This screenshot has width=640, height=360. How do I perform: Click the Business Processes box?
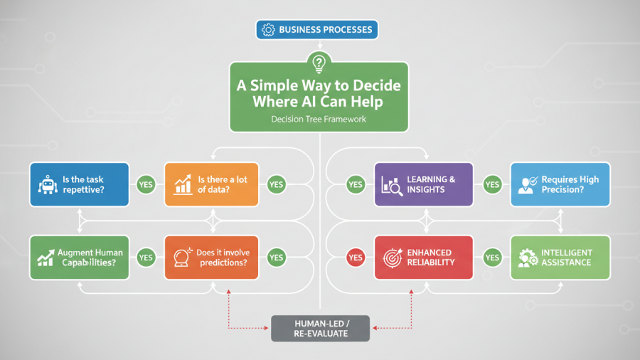(x=316, y=30)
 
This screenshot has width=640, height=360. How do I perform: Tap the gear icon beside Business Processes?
(x=268, y=30)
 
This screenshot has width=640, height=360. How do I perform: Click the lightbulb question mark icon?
(x=319, y=63)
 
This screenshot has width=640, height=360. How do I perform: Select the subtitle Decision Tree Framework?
(x=319, y=120)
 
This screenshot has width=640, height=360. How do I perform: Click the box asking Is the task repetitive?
(x=79, y=184)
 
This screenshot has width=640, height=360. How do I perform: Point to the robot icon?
(x=48, y=185)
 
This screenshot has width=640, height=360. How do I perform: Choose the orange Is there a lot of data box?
(x=211, y=184)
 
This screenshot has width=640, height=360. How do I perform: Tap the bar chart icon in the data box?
(x=183, y=184)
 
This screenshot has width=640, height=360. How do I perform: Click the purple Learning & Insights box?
(x=424, y=184)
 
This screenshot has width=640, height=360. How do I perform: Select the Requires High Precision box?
(x=560, y=184)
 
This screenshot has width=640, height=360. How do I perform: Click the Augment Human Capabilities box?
(x=79, y=258)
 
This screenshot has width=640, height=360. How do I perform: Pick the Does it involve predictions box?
(x=211, y=258)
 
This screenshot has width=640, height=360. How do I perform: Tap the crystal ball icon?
(x=182, y=258)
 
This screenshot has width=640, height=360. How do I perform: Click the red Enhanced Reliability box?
(x=424, y=258)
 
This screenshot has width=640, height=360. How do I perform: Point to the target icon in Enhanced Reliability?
(x=393, y=258)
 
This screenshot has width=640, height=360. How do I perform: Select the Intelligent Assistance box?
(x=560, y=258)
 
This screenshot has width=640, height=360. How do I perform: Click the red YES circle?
(x=356, y=258)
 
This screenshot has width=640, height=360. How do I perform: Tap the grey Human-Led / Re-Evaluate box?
(x=321, y=329)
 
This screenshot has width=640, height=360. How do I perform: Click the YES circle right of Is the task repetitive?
(x=146, y=184)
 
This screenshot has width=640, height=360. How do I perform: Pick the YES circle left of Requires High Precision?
(x=492, y=184)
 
